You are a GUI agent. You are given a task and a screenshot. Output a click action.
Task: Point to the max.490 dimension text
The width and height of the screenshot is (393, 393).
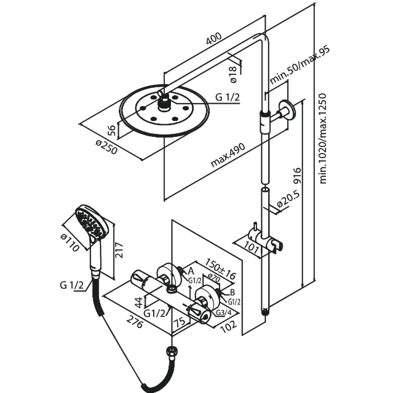point(228,152)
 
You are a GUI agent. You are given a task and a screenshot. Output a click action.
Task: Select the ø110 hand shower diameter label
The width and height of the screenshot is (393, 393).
point(71,241)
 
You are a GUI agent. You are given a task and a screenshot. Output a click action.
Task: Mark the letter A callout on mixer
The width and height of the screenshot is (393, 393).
point(191,271)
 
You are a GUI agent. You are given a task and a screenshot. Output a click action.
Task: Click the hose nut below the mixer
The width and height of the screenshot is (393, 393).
point(171,352)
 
